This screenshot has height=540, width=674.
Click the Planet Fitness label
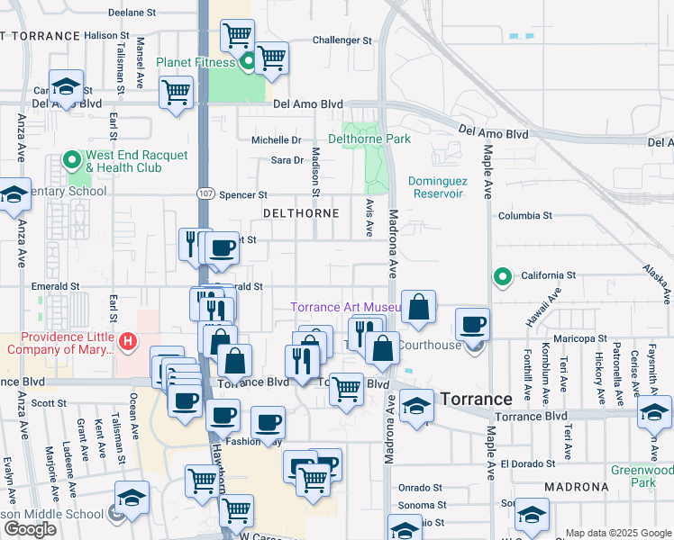coord(196,62)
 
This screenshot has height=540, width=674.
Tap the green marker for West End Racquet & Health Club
coord(71,161)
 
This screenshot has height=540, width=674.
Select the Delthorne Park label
coord(369,139)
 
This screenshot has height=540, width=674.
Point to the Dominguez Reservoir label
coord(448,186)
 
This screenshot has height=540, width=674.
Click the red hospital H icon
coord(128,341)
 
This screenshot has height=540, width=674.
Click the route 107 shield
coord(205,193)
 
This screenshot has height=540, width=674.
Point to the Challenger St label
coord(342,40)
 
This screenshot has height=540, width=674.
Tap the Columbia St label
coord(525,216)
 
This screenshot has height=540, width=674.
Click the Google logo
coord(30,529)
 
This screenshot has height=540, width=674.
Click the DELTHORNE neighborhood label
coord(301,213)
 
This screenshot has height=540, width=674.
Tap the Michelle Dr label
coord(276,140)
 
